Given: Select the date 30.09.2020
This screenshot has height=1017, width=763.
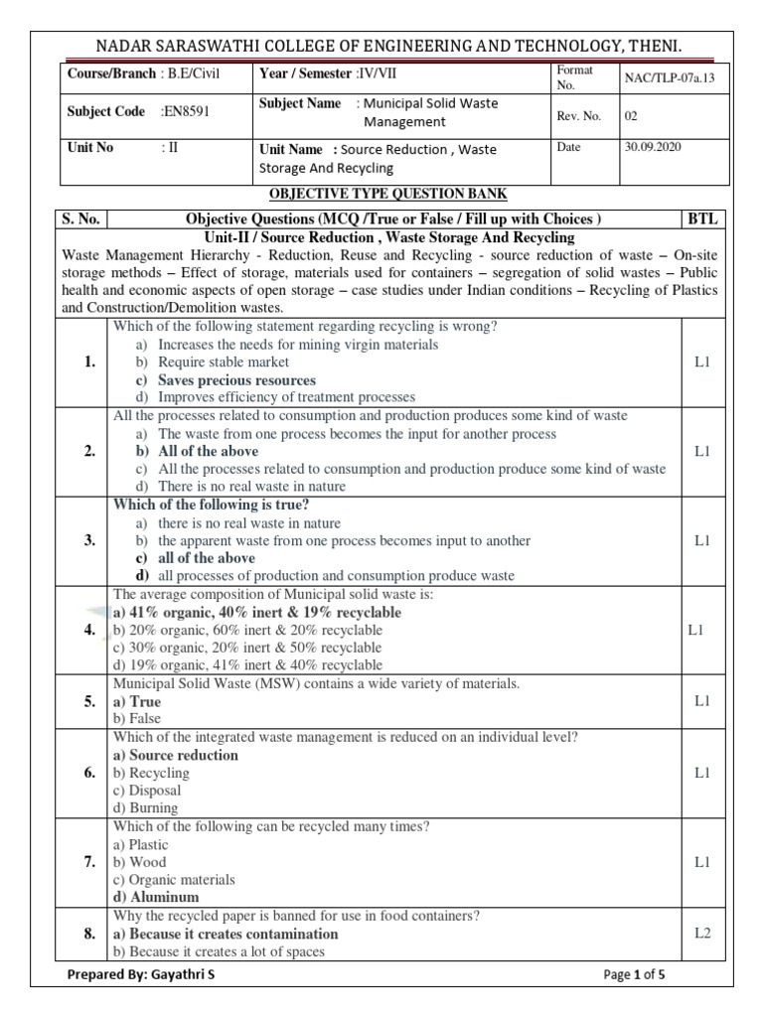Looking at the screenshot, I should point(652,147).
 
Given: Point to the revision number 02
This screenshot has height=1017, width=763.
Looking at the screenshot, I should point(631,115).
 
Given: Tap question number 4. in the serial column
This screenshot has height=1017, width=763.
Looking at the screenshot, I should point(90,631).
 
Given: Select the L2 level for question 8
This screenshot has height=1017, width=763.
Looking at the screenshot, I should point(702,935).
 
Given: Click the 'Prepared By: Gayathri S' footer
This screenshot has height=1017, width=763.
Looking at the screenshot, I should point(140,975).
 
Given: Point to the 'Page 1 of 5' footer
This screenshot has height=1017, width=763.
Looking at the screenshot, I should point(634,975).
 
